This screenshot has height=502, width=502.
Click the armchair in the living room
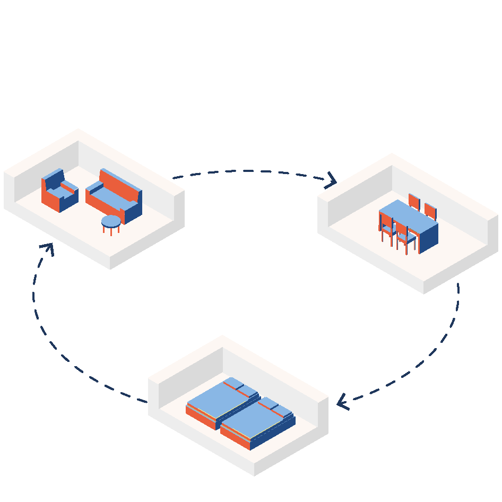tap(59, 192)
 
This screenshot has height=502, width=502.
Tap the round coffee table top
tap(111, 221)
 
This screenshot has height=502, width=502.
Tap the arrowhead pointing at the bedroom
tap(342, 402)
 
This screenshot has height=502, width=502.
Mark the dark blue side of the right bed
tap(273, 433)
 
